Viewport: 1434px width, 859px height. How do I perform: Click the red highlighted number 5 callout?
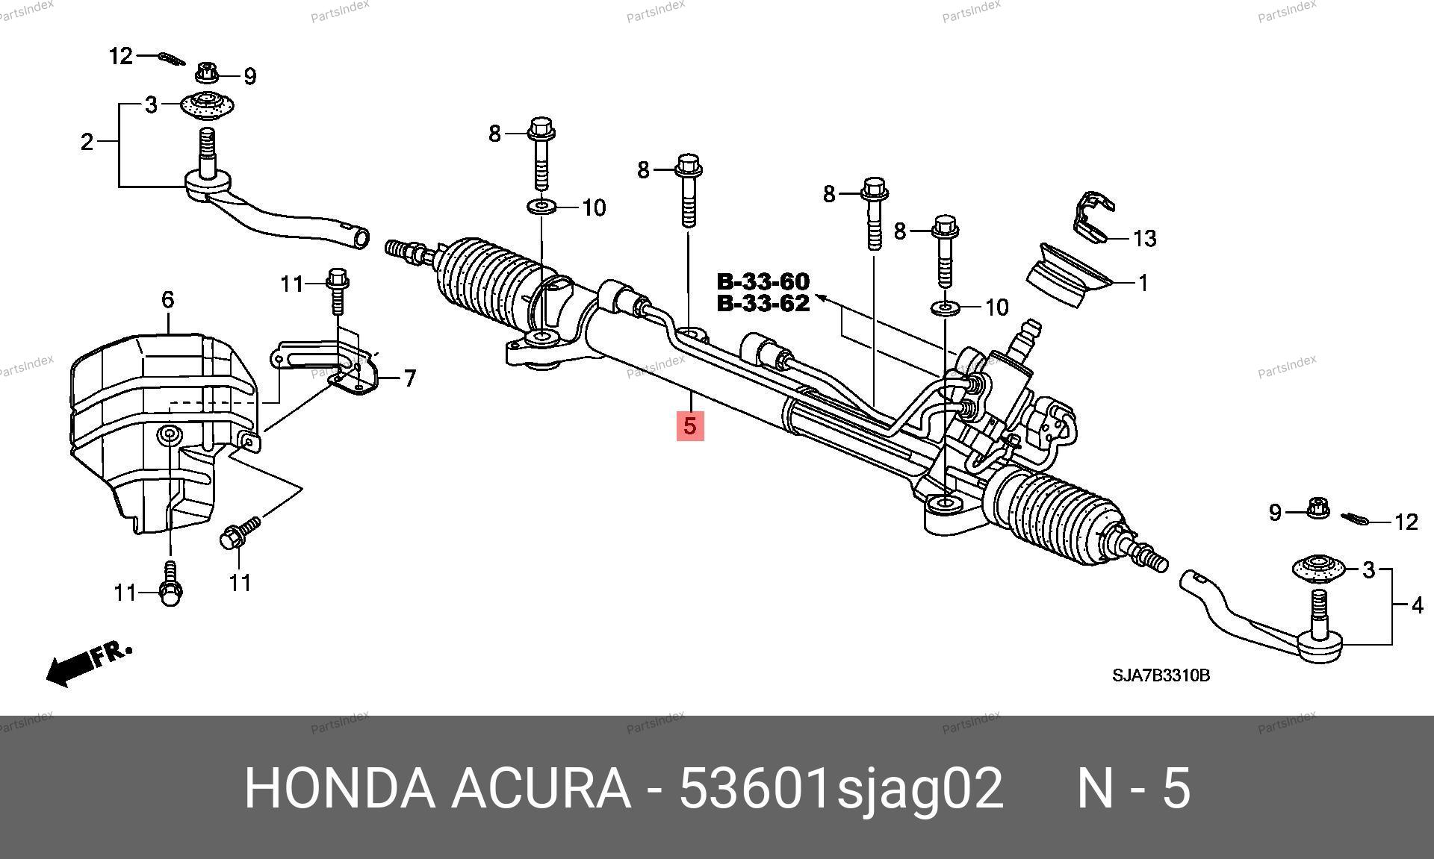(690, 425)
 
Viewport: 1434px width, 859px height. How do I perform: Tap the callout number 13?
(1144, 239)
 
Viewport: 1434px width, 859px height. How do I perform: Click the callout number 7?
(409, 378)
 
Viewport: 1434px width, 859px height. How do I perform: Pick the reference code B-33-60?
(763, 281)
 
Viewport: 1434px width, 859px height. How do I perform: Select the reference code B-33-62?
(763, 304)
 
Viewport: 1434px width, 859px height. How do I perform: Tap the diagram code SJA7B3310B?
(1161, 675)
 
